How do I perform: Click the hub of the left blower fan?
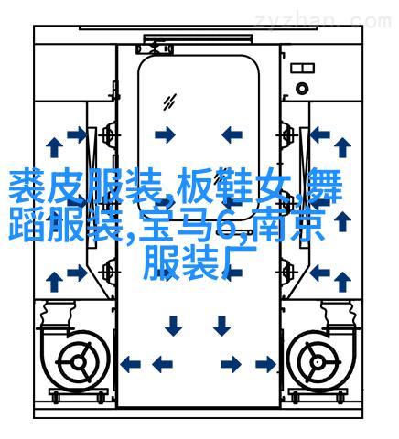click(79, 362)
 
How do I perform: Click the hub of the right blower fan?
click(318, 362)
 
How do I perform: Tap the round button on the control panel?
click(302, 89)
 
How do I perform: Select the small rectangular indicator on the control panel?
click(302, 68)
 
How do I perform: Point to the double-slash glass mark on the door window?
click(169, 102)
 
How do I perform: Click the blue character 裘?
click(26, 186)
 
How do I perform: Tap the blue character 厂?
click(239, 263)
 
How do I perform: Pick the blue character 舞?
click(324, 186)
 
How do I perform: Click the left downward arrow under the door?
click(173, 326)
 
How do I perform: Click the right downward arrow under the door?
click(221, 326)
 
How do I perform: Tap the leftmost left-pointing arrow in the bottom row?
click(130, 364)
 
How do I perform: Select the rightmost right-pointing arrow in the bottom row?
click(266, 364)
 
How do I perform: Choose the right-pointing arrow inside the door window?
click(165, 134)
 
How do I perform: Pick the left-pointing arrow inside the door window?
click(232, 134)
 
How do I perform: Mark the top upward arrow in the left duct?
click(54, 147)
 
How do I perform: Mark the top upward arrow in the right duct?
click(342, 147)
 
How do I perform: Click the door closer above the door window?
click(155, 48)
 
